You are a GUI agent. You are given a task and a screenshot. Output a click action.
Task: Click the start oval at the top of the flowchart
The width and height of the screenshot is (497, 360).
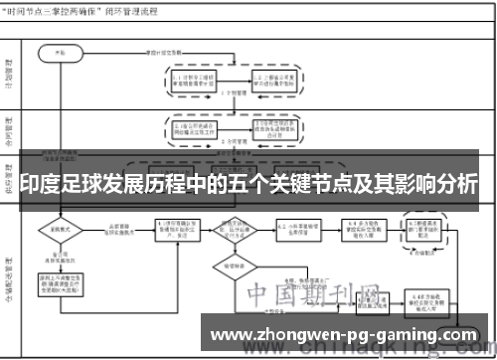point(59,49)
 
